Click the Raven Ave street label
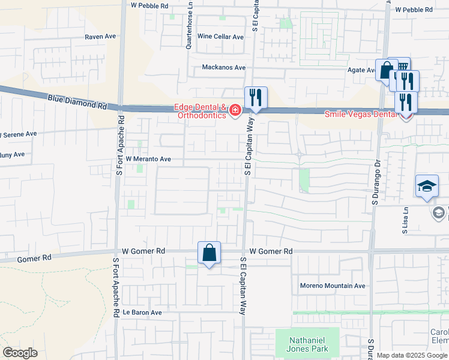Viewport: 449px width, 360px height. pos(100,37)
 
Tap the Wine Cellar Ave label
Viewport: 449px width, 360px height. pos(221,37)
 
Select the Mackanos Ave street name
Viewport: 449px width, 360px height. pos(224,68)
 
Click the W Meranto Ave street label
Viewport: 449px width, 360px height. pos(148,160)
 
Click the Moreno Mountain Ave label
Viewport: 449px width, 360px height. pos(333,286)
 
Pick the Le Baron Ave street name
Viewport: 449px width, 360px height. pos(142,313)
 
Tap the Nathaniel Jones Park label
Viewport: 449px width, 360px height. pos(307,343)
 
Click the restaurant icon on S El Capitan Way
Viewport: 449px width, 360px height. pos(256,97)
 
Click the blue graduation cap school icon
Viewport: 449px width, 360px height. pos(427,185)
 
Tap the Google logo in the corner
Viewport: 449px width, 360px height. pos(20,352)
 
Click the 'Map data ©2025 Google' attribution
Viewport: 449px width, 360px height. pos(411,356)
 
